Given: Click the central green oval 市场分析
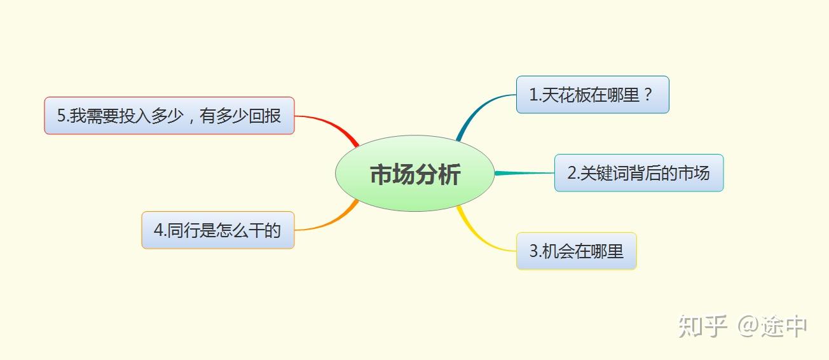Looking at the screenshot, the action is [x=415, y=174].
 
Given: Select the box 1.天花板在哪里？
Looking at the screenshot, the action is [x=592, y=95].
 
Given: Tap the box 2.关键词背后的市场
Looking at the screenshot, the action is [x=638, y=173].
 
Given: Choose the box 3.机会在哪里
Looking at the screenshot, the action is [x=576, y=251].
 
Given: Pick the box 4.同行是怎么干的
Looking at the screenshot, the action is [x=217, y=230].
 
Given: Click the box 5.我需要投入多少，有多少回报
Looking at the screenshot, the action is [x=169, y=116].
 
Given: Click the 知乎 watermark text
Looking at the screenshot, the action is [x=702, y=326].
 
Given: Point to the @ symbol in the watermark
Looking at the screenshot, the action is [x=749, y=326].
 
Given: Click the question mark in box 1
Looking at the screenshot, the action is [x=648, y=95].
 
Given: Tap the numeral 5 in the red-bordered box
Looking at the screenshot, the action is [x=62, y=116].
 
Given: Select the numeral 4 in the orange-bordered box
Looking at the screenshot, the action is [x=158, y=230].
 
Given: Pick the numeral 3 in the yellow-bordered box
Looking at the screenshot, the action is [x=533, y=251].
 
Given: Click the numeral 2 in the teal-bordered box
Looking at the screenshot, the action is [x=572, y=173].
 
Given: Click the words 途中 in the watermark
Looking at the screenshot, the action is [x=785, y=326].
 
